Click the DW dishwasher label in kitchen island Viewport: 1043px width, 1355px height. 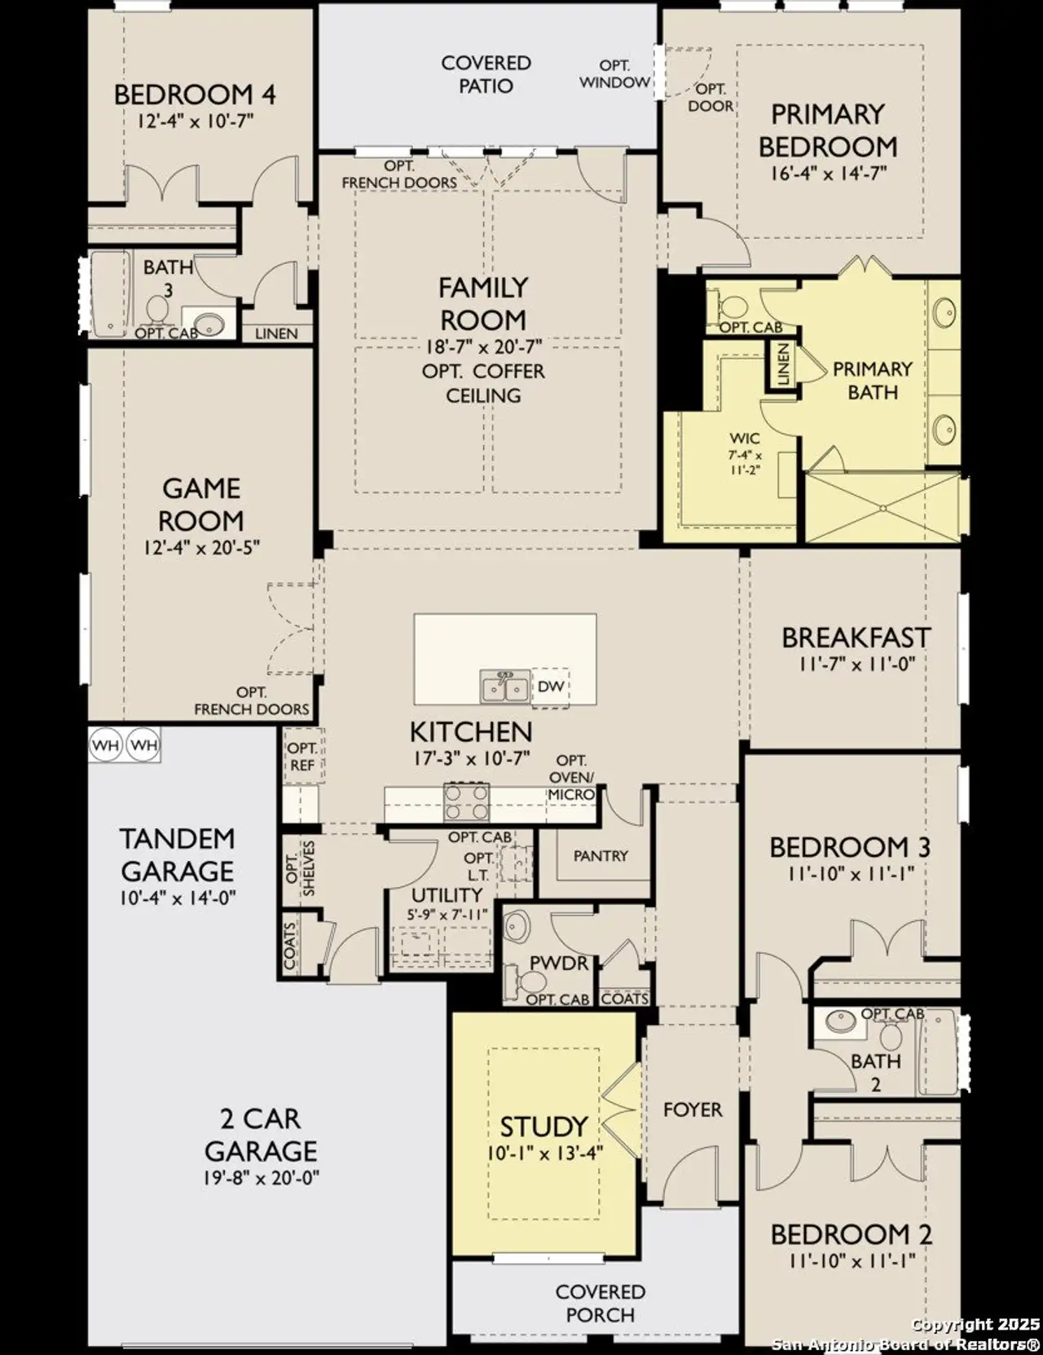[551, 686]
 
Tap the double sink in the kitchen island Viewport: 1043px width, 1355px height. [504, 687]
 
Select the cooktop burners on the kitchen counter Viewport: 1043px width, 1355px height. [466, 802]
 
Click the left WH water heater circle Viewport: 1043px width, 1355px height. [106, 745]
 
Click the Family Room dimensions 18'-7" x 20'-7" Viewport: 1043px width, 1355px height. [483, 346]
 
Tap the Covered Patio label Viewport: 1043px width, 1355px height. [486, 74]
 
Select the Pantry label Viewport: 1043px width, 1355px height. [601, 856]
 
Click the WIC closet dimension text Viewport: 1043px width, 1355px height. [745, 462]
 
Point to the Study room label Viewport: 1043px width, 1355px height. [544, 1127]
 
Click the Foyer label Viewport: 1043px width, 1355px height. [693, 1110]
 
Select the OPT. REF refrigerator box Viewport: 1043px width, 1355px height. [301, 757]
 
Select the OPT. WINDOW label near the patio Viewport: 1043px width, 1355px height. [614, 74]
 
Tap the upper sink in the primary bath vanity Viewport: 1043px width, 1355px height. [945, 311]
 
